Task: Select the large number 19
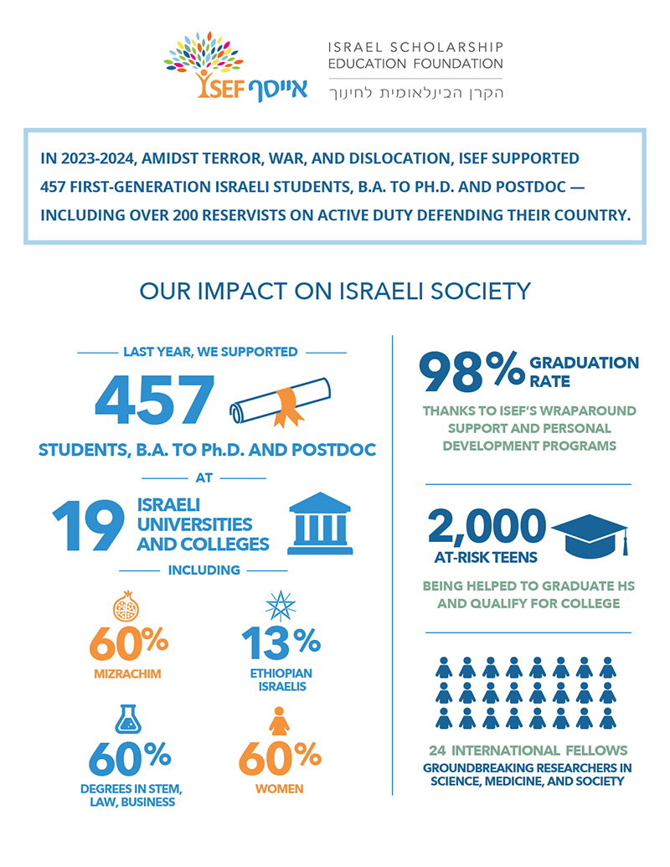tap(87, 525)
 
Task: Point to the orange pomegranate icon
tap(125, 606)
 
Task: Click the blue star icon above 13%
tap(281, 606)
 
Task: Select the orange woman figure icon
tap(280, 721)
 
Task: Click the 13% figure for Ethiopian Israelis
tap(281, 643)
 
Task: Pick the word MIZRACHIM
tap(126, 673)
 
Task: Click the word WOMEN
tap(280, 788)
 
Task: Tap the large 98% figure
tap(471, 370)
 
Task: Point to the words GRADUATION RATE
tap(584, 371)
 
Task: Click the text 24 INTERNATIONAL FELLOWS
tap(528, 750)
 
